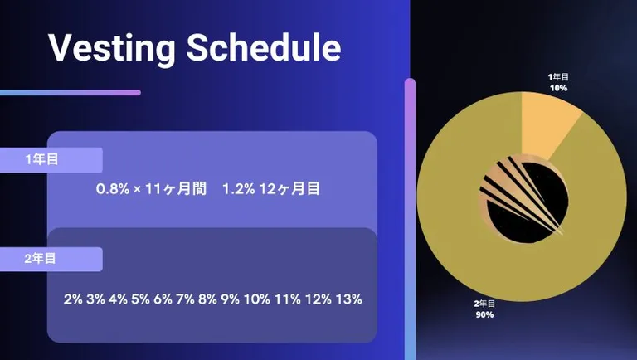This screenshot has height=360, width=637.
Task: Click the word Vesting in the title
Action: click(112, 48)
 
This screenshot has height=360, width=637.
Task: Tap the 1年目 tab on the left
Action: click(51, 160)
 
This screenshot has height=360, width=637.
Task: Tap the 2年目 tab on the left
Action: click(51, 259)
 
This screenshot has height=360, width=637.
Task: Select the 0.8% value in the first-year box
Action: click(113, 189)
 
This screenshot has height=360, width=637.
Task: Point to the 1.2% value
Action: click(239, 189)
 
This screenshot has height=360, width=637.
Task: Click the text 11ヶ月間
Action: click(176, 189)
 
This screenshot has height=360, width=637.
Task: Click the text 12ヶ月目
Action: click(289, 189)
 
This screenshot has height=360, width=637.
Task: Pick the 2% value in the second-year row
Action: click(73, 299)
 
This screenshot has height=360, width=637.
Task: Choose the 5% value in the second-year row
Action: click(140, 299)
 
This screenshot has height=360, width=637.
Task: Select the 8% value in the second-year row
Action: click(207, 299)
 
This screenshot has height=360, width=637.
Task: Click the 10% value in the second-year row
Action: click(257, 299)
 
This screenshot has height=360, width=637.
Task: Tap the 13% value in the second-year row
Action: click(348, 299)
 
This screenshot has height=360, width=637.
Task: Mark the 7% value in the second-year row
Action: click(185, 299)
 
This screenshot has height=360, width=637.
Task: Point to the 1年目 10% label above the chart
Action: click(558, 82)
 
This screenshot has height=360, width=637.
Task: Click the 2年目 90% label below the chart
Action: click(484, 309)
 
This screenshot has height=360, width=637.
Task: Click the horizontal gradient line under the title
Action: click(71, 93)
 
